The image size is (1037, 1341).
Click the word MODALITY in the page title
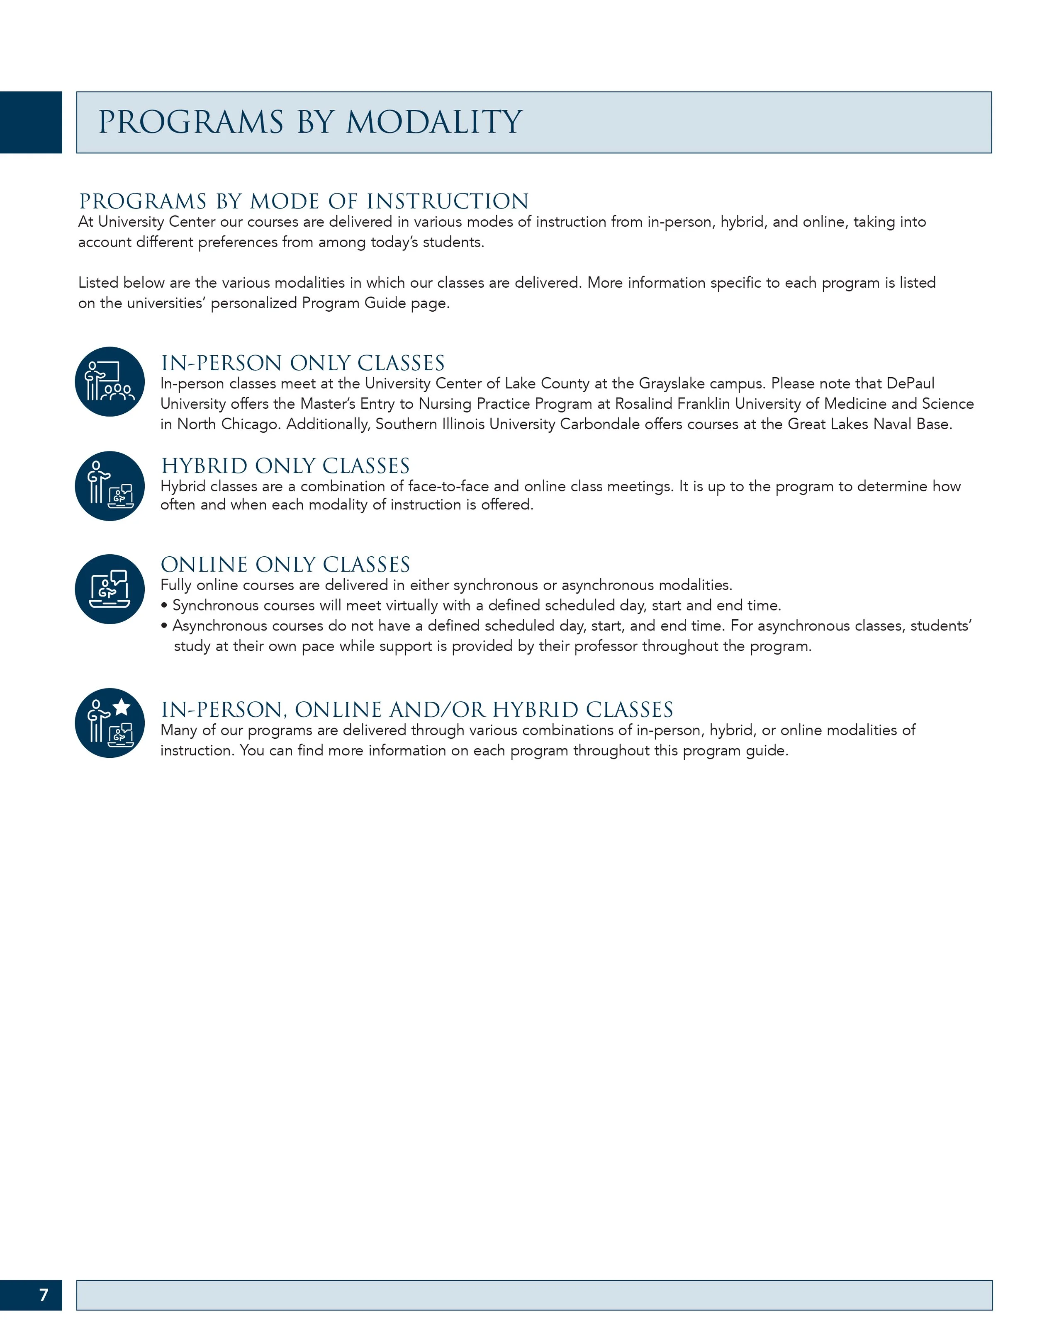click(x=434, y=122)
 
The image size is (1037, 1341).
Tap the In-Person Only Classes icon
click(x=110, y=382)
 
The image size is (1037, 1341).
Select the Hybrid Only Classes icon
click(x=110, y=486)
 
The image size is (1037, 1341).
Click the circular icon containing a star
click(x=110, y=723)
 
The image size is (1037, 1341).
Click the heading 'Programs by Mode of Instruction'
click(x=304, y=201)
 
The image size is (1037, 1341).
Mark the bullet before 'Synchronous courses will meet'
click(x=164, y=606)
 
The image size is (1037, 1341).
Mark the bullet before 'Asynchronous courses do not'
click(x=164, y=626)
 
